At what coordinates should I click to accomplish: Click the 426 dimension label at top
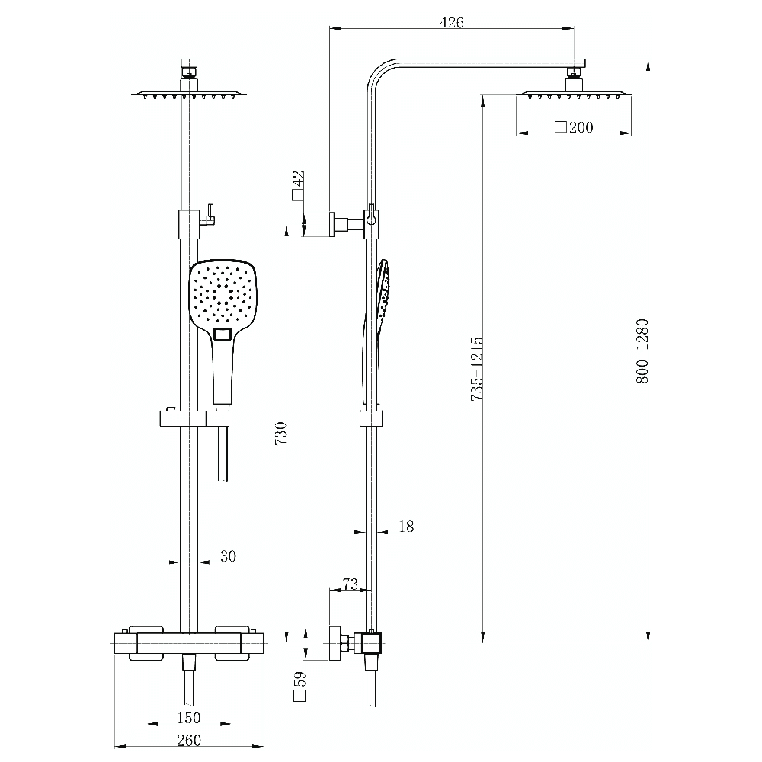coord(452,22)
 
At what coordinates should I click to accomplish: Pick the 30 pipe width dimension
coord(228,556)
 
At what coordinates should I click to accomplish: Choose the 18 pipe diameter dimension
coord(406,527)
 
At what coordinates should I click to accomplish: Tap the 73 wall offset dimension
coord(349,584)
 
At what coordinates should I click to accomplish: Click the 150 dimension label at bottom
coord(188,717)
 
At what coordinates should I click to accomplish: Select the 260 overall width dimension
coord(188,740)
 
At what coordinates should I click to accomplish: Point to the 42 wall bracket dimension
coord(299,184)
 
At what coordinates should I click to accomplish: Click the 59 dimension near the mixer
coord(299,685)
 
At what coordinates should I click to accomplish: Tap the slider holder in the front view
coord(194,418)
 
